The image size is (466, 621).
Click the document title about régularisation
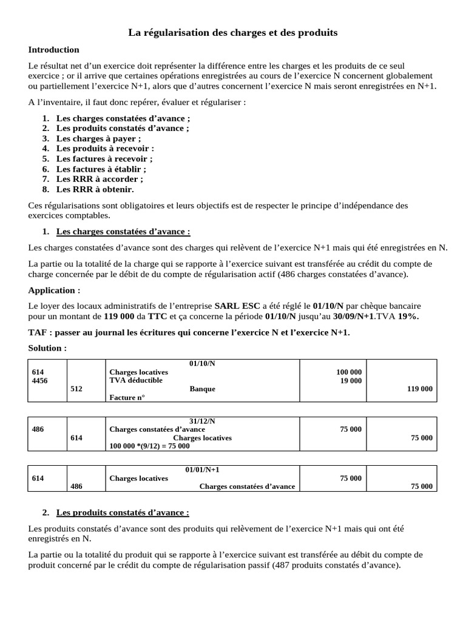233,32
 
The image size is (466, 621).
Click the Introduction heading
53,50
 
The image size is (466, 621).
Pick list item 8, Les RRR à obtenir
95,189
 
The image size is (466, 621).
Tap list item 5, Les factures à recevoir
104,158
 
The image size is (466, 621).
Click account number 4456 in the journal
39,380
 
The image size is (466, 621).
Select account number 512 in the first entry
76,389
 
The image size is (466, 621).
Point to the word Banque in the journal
202,389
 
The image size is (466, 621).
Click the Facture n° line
127,397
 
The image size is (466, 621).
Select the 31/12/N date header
202,421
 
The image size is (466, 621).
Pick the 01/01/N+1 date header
202,469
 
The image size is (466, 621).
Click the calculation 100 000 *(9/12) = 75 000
149,446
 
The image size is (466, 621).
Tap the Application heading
54,290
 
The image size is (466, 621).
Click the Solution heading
47,348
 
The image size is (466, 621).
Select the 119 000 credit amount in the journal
419,389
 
